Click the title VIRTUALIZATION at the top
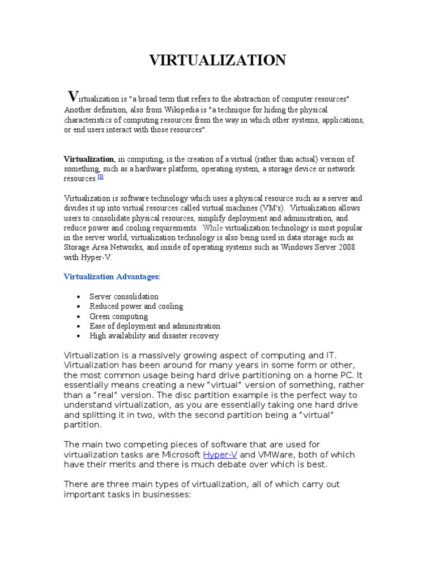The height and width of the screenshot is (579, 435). coord(217,60)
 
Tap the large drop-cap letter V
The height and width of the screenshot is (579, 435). coord(72,97)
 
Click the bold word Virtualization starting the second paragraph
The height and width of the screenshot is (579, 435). coord(89,159)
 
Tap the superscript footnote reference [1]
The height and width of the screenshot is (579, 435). coord(100,176)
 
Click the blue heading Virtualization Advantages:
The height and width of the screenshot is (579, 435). coord(112,276)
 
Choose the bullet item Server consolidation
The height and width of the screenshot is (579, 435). coord(124,296)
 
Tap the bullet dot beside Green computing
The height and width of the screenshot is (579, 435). coord(78,317)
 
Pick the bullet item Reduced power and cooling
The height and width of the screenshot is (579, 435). coord(136,306)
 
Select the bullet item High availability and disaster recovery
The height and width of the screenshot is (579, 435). coord(154,336)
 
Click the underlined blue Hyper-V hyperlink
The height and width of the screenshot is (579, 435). coord(220,455)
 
